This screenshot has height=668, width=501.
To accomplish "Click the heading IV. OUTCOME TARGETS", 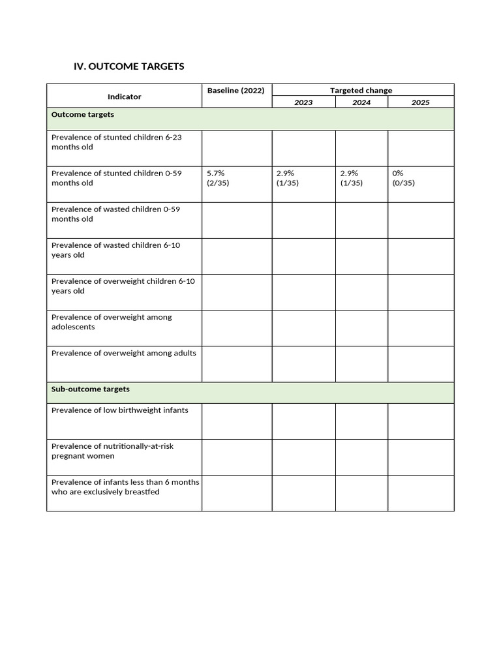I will pos(129,67).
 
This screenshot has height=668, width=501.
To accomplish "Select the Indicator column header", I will pos(124,97).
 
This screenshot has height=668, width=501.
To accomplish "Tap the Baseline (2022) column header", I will pos(235,91).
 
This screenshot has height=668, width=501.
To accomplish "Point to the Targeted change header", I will pos(361,91).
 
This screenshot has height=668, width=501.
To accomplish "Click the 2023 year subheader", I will pos(303,102).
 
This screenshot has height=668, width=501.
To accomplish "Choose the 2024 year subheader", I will pos(361,102).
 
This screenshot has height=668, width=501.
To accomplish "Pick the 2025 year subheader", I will pos(420,102).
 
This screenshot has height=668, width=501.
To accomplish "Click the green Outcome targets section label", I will pos(83,115).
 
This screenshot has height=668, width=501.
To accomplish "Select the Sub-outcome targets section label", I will pos(91,389).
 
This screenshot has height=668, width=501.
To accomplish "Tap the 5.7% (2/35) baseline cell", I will pos(218,178).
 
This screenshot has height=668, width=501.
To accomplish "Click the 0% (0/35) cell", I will pos(403,178).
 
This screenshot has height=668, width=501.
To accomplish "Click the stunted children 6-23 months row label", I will pos(117,142).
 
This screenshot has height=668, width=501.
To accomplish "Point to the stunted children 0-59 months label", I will pos(117,178).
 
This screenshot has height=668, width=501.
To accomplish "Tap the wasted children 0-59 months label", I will pos(115,214).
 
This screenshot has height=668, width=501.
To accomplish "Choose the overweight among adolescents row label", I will pos(112,322).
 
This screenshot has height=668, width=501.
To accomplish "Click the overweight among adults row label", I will pos(124,354).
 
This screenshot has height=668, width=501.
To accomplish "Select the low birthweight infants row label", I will pos(120,410).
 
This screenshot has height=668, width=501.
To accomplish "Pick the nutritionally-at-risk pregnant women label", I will pos(112,451).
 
